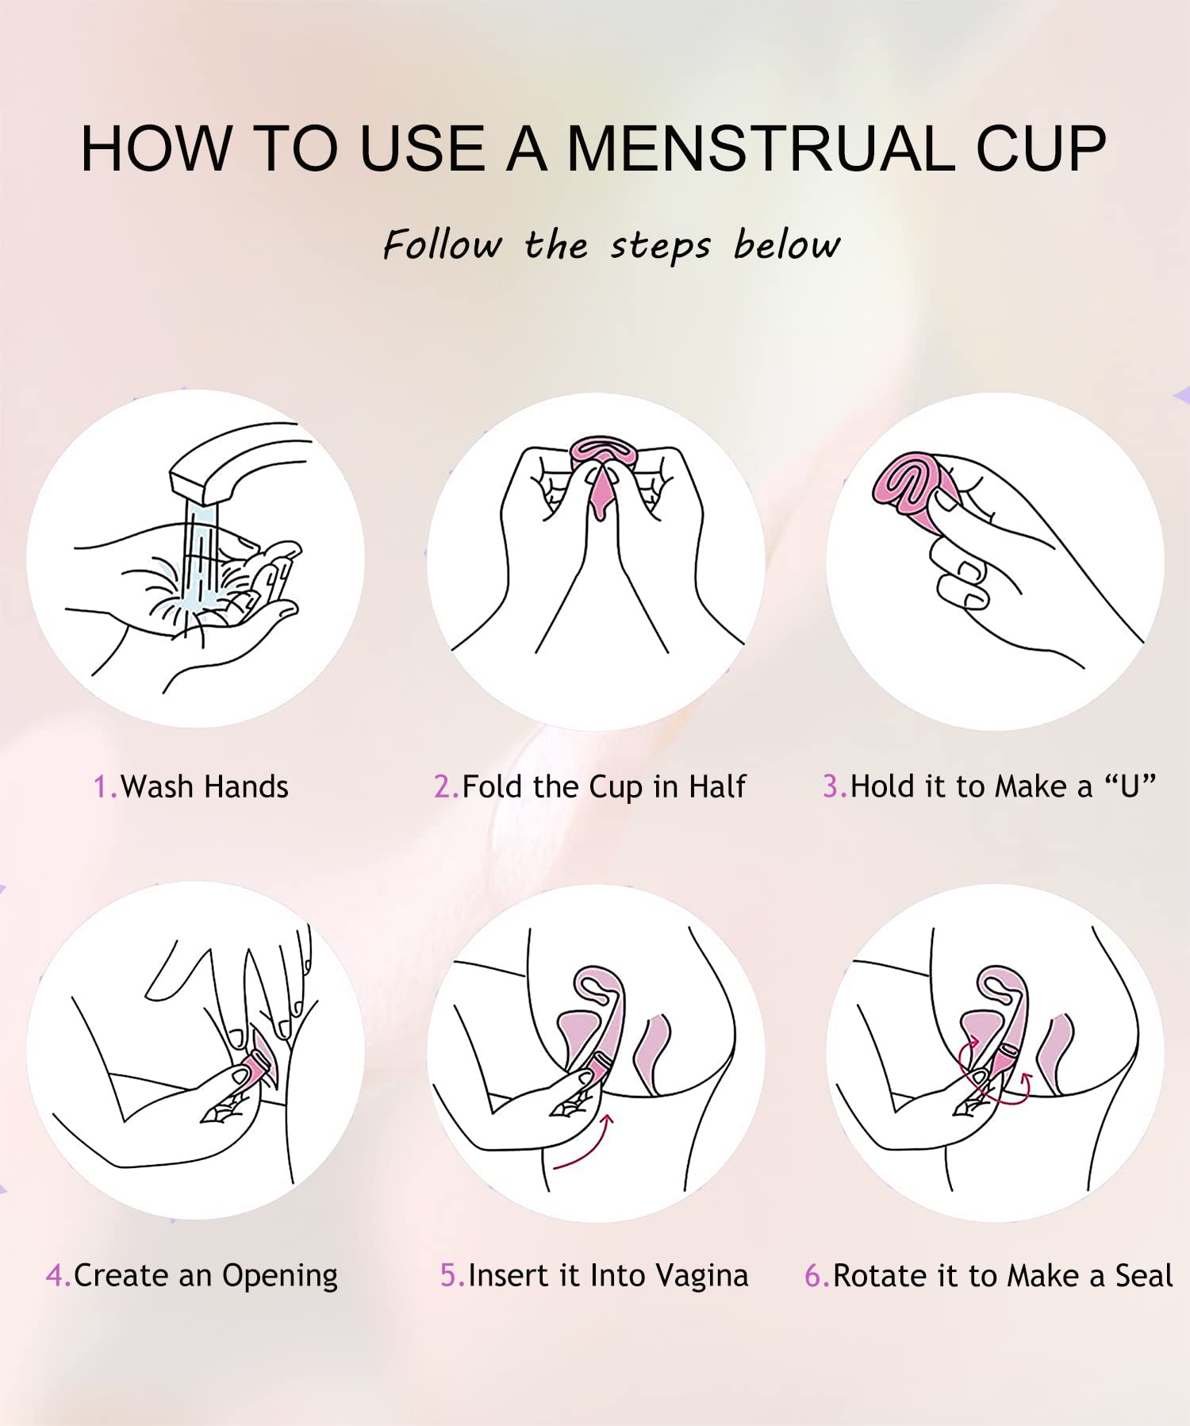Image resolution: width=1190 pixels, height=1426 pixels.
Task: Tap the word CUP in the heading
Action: pyautogui.click(x=1040, y=148)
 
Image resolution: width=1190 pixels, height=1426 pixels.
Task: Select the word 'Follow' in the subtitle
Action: pyautogui.click(x=442, y=244)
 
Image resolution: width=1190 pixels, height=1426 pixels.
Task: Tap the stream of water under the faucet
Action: pyautogui.click(x=198, y=555)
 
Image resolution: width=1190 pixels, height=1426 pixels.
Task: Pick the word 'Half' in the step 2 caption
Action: pyautogui.click(x=717, y=787)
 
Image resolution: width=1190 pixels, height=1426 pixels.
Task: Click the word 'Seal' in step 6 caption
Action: pyautogui.click(x=1143, y=1276)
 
